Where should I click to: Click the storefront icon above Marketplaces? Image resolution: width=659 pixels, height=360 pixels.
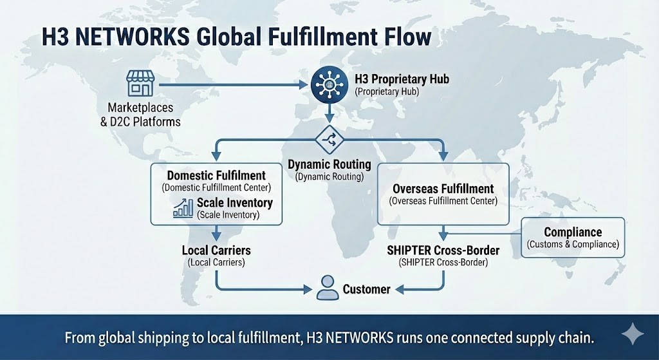point(140,84)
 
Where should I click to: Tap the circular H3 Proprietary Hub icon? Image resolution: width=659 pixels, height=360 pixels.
point(329,84)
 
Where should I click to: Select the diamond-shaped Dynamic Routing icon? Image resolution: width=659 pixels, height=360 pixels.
point(329,139)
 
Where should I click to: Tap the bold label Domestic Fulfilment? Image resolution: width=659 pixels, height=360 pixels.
point(216,175)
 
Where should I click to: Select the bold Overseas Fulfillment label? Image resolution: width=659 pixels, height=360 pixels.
point(443,189)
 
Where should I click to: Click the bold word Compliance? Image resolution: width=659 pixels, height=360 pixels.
point(573,232)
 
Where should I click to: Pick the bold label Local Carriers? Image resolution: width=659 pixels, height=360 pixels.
point(216,250)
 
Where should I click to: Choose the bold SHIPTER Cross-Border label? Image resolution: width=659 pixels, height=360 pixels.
point(443,250)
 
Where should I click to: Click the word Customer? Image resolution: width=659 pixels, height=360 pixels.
point(366,289)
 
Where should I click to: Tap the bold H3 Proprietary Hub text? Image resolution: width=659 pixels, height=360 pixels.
point(402,80)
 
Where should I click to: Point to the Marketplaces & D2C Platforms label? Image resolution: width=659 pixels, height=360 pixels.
point(140,115)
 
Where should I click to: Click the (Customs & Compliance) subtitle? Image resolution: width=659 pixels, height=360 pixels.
point(573,245)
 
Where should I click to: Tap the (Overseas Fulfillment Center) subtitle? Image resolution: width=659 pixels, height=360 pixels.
point(443,201)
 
